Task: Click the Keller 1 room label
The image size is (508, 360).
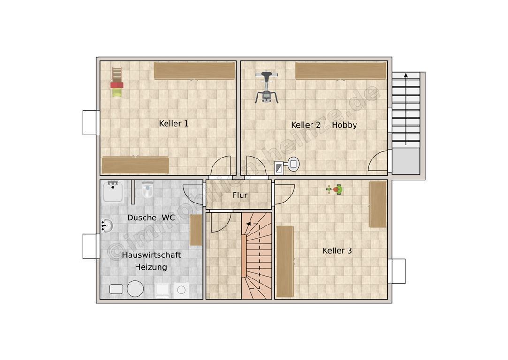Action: (174, 123)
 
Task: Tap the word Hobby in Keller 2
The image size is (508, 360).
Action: (344, 125)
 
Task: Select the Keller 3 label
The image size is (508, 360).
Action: (337, 250)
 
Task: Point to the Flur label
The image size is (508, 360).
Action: (240, 195)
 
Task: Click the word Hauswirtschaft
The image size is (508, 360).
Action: (152, 255)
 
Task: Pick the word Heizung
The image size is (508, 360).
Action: (151, 267)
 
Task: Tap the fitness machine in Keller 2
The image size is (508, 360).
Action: (266, 87)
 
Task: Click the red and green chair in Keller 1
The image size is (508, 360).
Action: (117, 82)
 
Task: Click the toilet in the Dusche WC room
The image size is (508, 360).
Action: (147, 190)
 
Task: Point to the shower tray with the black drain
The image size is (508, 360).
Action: (113, 191)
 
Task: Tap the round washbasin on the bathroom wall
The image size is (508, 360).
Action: (106, 225)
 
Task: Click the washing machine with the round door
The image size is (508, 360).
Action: (181, 290)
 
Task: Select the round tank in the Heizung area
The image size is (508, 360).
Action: (135, 288)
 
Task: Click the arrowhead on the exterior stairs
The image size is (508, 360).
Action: (406, 75)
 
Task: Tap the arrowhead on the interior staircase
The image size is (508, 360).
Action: (249, 224)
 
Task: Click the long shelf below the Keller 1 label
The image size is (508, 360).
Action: (136, 165)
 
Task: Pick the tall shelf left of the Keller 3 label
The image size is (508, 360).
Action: (285, 262)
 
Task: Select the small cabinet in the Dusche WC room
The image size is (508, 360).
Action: (196, 230)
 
